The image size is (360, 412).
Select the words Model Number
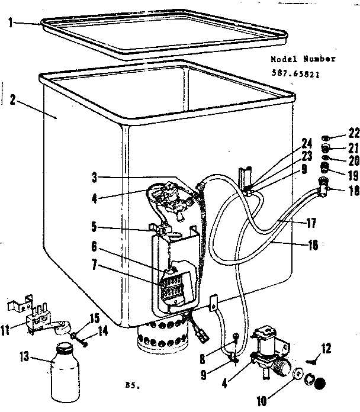click(x=303, y=59)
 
